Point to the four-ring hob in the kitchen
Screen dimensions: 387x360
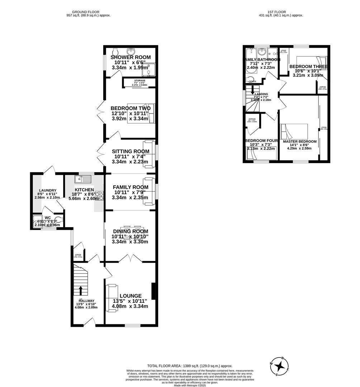[x=99, y=196]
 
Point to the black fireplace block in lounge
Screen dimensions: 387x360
[x=153, y=291]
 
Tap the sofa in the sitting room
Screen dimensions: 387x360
[x=149, y=154]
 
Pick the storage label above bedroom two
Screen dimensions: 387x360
[x=139, y=81]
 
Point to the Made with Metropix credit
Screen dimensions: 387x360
[x=190, y=385]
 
